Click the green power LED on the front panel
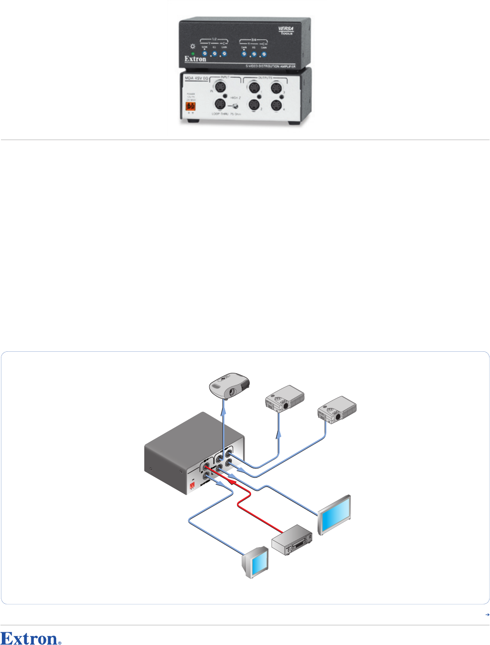[192, 54]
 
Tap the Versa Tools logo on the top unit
[285, 31]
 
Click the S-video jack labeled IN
[220, 87]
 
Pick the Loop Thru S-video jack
[220, 104]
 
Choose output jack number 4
[276, 105]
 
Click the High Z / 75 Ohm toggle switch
[236, 106]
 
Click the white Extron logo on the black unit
[195, 59]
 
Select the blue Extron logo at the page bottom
[31, 639]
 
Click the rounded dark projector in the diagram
[229, 386]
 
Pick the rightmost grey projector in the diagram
[337, 409]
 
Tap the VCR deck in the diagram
[292, 540]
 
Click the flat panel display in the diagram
[334, 514]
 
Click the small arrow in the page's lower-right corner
[487, 615]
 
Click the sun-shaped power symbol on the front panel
[192, 46]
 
